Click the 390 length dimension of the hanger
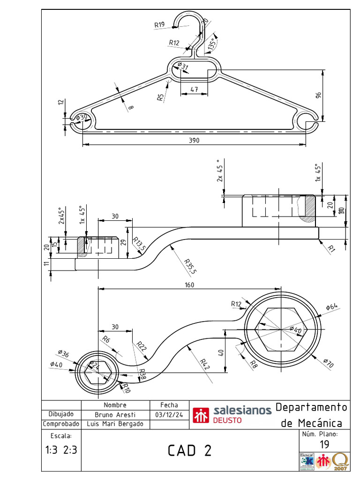[195, 141]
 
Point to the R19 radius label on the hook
[159, 24]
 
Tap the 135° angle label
[212, 44]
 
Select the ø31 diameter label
[183, 67]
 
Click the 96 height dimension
[319, 95]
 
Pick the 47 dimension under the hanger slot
[194, 89]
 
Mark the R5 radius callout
[161, 97]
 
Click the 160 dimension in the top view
[189, 285]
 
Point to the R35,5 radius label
[190, 265]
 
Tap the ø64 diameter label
[332, 307]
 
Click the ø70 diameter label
[328, 362]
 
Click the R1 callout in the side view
[332, 248]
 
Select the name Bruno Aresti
[115, 415]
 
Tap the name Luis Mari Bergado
[115, 424]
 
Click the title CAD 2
[190, 450]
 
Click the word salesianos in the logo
[242, 410]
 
